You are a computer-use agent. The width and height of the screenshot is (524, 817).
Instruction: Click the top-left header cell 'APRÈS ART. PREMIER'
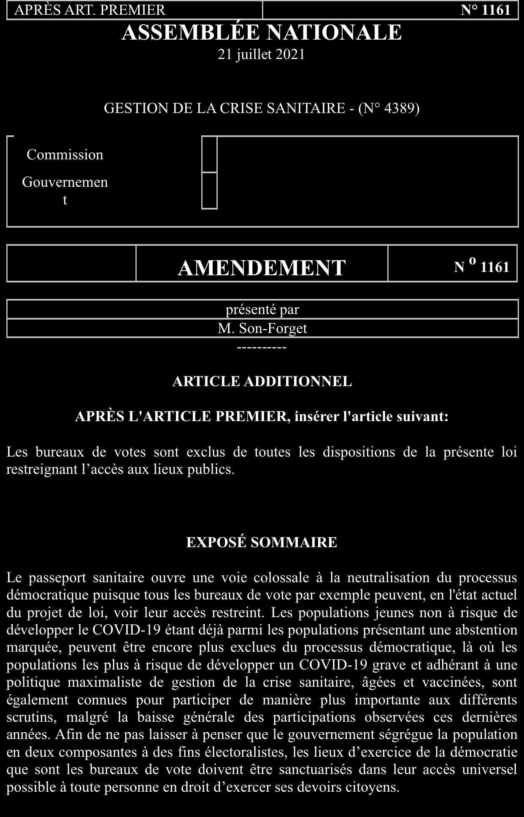[x=90, y=10]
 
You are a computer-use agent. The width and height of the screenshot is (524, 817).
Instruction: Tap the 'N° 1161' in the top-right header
[x=486, y=10]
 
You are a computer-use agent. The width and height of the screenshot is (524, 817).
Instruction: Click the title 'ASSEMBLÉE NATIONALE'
[x=262, y=32]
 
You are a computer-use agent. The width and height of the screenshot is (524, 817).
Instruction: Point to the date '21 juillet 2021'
[x=262, y=55]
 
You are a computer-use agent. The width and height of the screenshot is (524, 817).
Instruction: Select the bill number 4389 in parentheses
[x=395, y=108]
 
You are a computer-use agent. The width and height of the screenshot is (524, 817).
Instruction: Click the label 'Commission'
[x=65, y=155]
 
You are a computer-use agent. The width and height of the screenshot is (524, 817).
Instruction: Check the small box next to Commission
[x=209, y=154]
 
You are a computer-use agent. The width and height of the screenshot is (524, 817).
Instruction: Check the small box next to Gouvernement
[x=209, y=191]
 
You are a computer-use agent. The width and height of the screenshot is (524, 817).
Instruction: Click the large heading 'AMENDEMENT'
[x=262, y=268]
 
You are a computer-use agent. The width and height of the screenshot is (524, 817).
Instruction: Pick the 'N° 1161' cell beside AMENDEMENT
[x=481, y=267]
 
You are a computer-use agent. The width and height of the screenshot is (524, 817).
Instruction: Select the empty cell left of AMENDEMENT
[x=71, y=263]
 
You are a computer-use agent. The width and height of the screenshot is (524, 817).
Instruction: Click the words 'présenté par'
[x=262, y=310]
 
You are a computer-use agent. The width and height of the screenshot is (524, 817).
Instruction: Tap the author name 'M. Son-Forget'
[x=262, y=328]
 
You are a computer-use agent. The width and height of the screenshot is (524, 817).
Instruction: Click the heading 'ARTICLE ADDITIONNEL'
[x=262, y=382]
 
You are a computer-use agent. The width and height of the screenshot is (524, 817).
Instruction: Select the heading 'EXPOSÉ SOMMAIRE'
[x=262, y=542]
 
